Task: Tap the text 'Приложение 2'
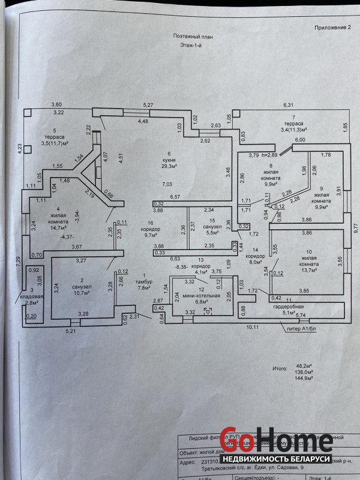click(332, 28)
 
